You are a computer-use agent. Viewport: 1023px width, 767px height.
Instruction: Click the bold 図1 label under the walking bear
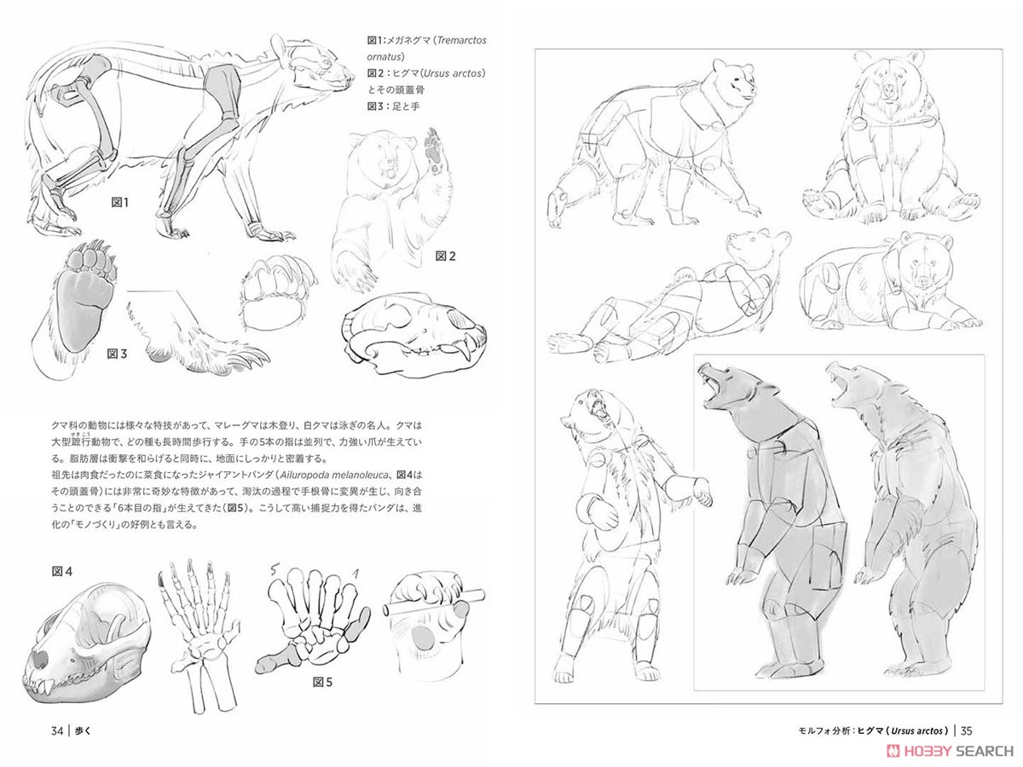pos(119,202)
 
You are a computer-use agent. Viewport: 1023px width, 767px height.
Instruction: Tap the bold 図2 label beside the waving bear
pos(447,255)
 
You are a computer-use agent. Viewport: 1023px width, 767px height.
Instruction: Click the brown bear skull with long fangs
pos(415,334)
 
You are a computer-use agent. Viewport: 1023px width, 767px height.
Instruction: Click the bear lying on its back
pos(665,307)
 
